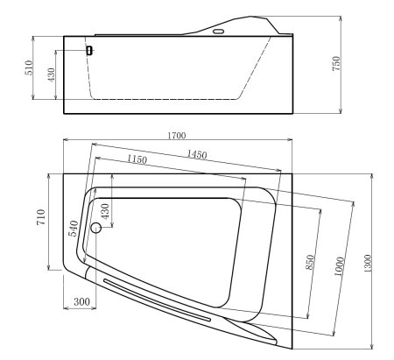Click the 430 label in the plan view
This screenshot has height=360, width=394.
tap(105, 211)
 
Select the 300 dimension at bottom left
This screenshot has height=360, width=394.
tap(82, 302)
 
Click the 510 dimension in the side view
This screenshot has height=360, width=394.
tap(29, 67)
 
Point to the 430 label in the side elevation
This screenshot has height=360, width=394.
tap(52, 77)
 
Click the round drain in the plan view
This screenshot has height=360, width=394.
tap(96, 229)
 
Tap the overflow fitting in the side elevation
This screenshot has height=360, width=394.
tap(88, 50)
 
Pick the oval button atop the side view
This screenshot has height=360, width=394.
tap(219, 32)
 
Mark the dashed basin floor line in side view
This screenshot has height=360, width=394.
tap(166, 98)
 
